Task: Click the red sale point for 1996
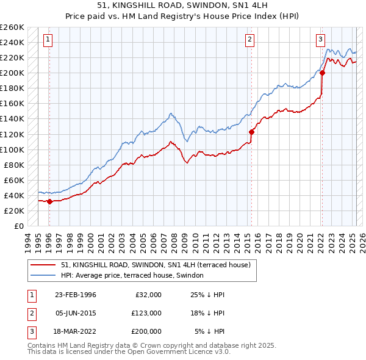pos(49,201)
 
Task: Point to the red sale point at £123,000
pos(251,131)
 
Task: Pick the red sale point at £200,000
pos(322,73)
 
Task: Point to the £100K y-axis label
pos(12,149)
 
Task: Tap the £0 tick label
pos(18,226)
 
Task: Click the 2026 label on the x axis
pos(361,240)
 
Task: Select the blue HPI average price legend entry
pos(136,276)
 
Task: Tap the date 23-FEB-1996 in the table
pos(75,295)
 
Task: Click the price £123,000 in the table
pos(146,313)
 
